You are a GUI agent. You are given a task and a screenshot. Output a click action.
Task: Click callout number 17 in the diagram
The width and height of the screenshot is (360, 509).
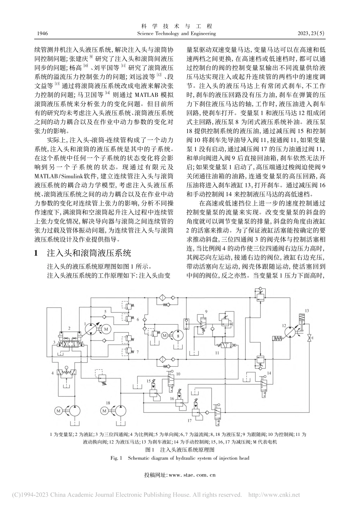point(189,420)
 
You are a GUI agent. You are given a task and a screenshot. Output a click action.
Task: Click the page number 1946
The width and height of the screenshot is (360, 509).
point(43,33)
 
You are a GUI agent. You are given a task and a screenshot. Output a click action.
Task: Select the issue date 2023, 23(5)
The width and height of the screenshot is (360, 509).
point(312,33)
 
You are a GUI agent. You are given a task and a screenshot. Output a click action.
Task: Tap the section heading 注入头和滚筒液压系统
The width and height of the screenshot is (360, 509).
point(88,253)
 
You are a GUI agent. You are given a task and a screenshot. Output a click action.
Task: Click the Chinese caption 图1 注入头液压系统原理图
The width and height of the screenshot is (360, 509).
point(180,450)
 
